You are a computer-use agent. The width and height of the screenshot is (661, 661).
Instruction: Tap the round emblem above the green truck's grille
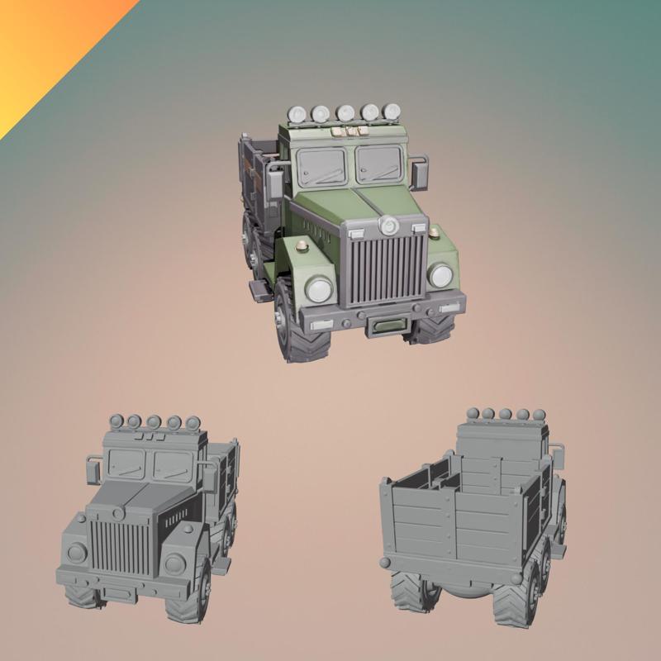(388, 225)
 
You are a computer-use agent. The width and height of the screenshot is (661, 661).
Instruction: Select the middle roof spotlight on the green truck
(346, 112)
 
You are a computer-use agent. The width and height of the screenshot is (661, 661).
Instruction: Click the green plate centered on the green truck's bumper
(386, 325)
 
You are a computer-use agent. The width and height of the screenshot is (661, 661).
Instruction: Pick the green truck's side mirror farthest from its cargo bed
(420, 173)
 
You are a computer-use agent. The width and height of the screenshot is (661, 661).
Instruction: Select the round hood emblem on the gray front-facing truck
(116, 513)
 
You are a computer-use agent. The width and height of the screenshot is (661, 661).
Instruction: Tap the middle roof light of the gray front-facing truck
(154, 422)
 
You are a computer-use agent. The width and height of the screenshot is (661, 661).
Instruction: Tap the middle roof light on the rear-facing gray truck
(503, 413)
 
